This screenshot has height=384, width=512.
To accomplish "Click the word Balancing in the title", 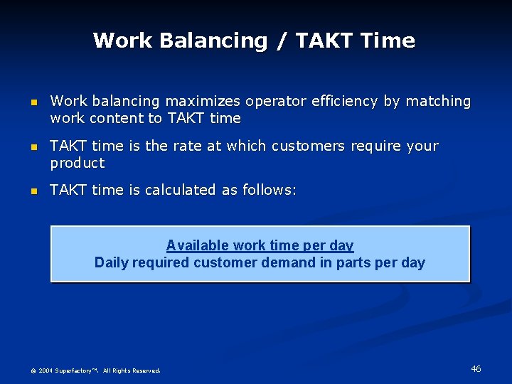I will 213,41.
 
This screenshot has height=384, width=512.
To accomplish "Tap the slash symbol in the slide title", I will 282,41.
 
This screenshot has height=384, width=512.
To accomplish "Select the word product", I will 78,164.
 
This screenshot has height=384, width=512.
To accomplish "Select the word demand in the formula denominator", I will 287,262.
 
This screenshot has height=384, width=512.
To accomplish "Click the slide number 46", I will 476,368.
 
